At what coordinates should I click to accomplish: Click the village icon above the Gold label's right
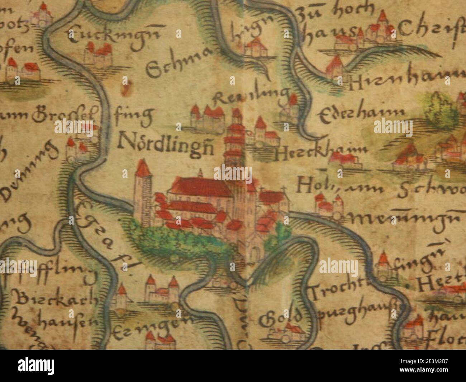coord(290,332)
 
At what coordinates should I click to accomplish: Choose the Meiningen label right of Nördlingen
coord(409,217)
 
